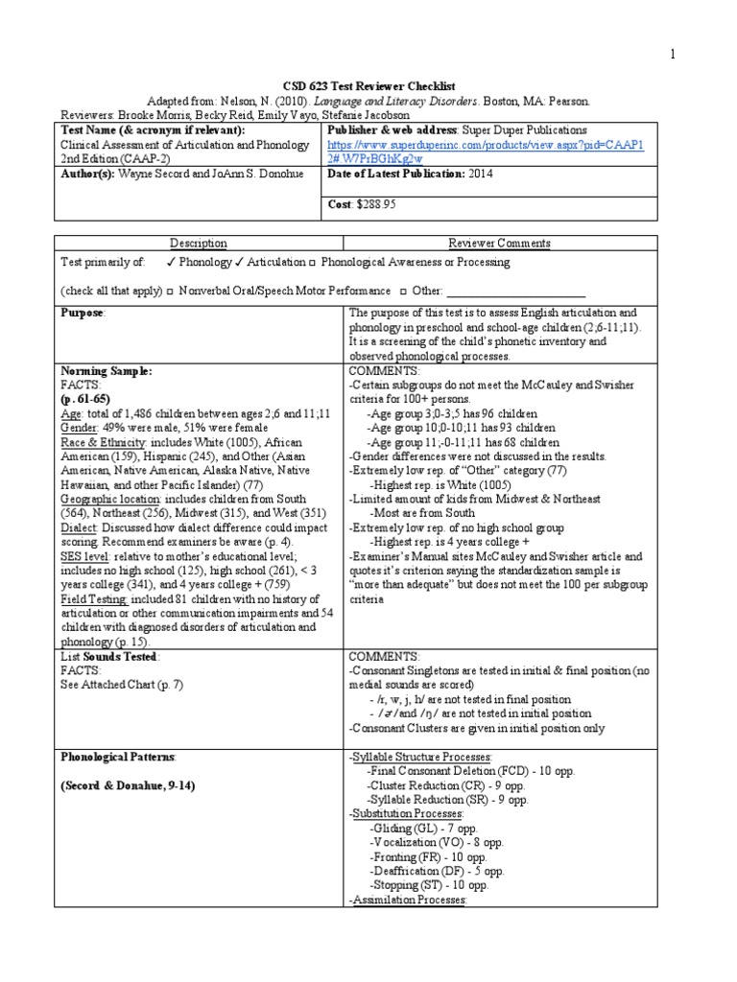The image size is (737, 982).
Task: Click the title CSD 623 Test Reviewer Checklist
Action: click(x=368, y=86)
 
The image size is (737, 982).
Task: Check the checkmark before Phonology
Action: click(x=169, y=263)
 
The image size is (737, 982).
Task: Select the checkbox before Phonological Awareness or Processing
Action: click(x=313, y=263)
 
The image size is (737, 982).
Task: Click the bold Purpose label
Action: click(x=82, y=314)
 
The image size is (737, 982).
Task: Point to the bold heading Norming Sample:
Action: click(x=107, y=370)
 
